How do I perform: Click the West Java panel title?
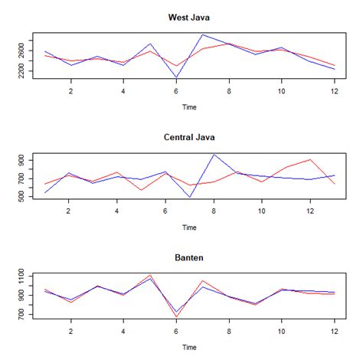pos(189,17)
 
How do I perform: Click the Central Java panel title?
pos(189,137)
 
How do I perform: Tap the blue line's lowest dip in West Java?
pos(176,77)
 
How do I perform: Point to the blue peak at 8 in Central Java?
pos(214,155)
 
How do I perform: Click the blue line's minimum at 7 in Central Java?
pos(189,197)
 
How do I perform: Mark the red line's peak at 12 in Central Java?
pos(310,159)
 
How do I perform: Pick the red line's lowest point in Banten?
pos(176,316)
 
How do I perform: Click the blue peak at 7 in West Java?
pos(202,34)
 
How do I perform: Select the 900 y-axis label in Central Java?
pos(21,159)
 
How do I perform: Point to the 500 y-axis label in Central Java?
pos(21,197)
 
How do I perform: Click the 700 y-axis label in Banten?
pos(21,314)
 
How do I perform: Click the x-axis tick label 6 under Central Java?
pos(165,211)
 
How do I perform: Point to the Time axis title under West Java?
pos(189,107)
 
